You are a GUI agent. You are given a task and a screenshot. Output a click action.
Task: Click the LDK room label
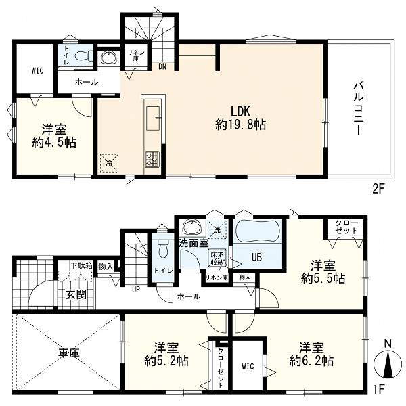coord(240,112)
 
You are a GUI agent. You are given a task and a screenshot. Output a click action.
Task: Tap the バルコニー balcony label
coord(359,108)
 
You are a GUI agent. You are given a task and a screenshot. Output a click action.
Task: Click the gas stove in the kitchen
coord(152,159)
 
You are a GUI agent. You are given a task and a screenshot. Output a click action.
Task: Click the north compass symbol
coord(388,364)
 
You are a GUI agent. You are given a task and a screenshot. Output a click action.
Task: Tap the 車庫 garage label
coord(68,353)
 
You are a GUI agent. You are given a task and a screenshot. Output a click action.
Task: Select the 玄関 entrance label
coord(76,294)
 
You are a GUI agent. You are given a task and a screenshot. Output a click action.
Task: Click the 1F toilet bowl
coord(163,248)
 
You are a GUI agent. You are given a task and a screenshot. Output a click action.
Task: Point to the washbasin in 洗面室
coord(192,227)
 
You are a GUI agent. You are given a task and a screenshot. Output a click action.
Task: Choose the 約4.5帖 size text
coord(54,142)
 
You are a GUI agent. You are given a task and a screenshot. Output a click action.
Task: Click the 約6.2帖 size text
coord(311,361)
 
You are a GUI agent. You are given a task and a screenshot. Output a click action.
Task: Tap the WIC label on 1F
coord(248,366)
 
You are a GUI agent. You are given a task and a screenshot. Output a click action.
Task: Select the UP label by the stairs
coord(136,289)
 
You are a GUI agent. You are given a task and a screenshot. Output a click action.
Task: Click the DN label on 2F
coord(162,67)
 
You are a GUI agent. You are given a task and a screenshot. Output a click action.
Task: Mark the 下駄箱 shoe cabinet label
coord(82,265)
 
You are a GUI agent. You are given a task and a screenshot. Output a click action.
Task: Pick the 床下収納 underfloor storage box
coord(217,258)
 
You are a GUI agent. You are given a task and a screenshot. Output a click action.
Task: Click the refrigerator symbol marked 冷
coord(109,163)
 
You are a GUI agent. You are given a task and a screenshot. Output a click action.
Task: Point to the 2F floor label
coord(378,189)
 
